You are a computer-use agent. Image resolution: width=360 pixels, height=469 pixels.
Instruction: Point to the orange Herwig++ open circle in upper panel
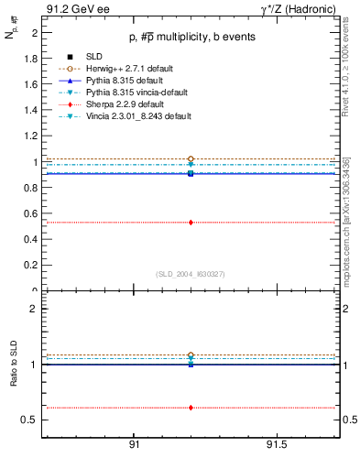click(191, 159)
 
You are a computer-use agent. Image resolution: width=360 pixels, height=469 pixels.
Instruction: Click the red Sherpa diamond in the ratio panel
click(191, 408)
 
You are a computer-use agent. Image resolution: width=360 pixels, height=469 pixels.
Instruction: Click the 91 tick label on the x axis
click(134, 444)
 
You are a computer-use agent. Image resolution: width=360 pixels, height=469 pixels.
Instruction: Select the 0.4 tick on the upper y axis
click(31, 240)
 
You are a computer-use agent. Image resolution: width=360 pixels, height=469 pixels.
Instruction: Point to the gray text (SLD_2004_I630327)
click(191, 274)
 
